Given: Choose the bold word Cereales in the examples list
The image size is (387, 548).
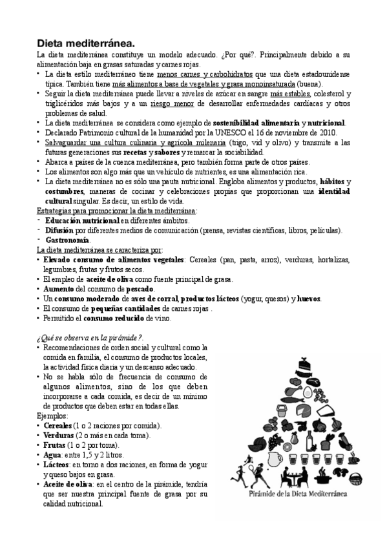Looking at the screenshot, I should pyautogui.click(x=61, y=427).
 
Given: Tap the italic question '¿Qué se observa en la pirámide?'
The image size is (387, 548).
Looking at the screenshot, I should pyautogui.click(x=90, y=338).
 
